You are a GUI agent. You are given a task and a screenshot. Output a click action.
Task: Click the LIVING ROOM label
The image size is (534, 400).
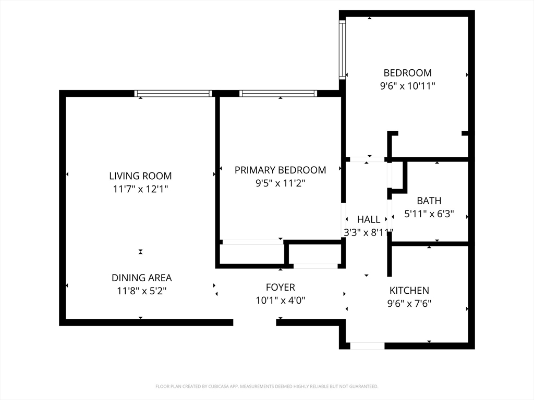pos(140,176)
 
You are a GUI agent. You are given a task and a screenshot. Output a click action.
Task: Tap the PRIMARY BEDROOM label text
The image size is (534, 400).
pos(280,170)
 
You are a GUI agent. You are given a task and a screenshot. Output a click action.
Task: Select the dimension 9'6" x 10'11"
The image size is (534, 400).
pos(408,86)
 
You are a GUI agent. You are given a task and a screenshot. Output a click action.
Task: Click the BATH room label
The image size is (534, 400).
pos(429,201)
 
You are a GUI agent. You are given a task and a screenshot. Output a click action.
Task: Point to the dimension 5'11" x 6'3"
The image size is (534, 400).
pos(429,214)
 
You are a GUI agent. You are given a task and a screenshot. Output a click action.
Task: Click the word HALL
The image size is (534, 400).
pos(369,219)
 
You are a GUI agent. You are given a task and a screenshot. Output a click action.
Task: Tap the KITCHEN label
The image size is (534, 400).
pos(409,291)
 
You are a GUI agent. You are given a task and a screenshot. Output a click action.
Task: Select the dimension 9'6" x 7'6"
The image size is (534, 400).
pos(409,304)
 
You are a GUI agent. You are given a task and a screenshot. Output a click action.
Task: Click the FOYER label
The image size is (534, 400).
pos(280,287)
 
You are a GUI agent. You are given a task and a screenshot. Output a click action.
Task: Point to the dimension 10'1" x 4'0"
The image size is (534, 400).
pos(280,301)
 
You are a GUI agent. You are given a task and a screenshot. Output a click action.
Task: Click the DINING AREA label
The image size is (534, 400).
pos(142,278)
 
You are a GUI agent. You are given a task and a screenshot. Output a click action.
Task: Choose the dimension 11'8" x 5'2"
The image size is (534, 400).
pos(142,291)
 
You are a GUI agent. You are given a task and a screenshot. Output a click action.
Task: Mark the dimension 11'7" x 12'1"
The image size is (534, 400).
pos(140,189)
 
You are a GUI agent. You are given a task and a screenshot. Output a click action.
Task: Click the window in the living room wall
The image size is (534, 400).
pos(173,94)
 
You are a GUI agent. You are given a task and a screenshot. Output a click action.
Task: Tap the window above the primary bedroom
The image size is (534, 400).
pos(278,94)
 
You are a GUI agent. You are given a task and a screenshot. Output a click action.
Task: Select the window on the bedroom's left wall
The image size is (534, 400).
pos(342,50)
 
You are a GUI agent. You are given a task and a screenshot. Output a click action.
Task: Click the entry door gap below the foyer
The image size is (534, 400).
pos(254,322)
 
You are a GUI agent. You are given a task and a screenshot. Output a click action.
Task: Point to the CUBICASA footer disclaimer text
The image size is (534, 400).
pos(266,386)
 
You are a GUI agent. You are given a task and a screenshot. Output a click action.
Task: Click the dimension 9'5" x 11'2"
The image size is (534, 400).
pos(280,183)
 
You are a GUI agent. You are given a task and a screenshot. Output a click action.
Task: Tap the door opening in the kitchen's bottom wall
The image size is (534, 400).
pos(367,346)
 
